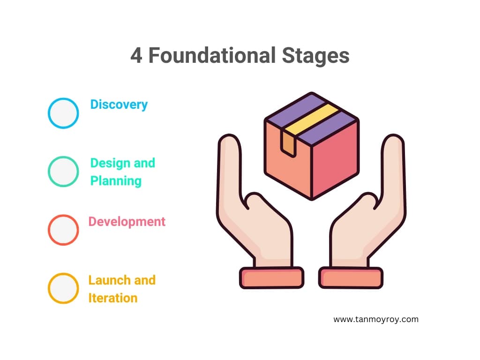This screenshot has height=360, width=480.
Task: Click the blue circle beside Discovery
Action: coord(48,113)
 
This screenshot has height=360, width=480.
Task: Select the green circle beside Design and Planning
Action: coord(48,172)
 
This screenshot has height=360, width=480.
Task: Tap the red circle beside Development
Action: coord(48,230)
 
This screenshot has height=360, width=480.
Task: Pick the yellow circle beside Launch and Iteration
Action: coord(48,288)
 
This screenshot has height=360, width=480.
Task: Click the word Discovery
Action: coord(119,105)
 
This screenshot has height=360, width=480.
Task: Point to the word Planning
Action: coord(116,181)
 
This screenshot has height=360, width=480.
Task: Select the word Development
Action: coord(127,222)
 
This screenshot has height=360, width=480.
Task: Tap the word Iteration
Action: coord(112,298)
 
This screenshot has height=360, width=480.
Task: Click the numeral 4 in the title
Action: coord(136,56)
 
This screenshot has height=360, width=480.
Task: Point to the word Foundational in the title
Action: coord(212,55)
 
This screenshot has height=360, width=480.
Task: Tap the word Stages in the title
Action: coord(315,56)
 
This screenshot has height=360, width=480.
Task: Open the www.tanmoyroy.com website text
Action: coord(376,319)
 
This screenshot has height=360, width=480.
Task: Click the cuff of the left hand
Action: coord(271,277)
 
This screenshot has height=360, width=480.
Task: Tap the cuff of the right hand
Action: coord(351,277)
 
